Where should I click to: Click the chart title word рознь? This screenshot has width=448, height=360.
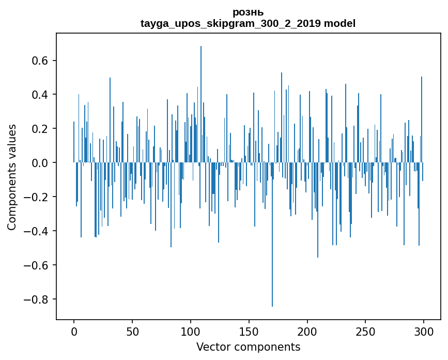click(248, 12)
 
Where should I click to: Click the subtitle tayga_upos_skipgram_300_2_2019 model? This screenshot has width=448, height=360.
click(248, 23)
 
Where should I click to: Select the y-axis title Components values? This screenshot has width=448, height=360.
click(11, 177)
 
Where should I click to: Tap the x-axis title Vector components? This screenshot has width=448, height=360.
click(248, 347)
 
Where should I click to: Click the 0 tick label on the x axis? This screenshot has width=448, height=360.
click(74, 331)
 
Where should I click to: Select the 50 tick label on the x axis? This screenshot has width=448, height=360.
click(132, 331)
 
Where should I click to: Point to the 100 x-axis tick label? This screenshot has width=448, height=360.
click(191, 331)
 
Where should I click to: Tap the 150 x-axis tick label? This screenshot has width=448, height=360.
click(249, 331)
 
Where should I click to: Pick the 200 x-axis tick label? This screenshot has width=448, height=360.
click(307, 331)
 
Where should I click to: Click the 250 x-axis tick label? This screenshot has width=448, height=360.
click(366, 331)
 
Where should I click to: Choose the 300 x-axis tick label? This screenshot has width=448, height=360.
click(424, 331)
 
